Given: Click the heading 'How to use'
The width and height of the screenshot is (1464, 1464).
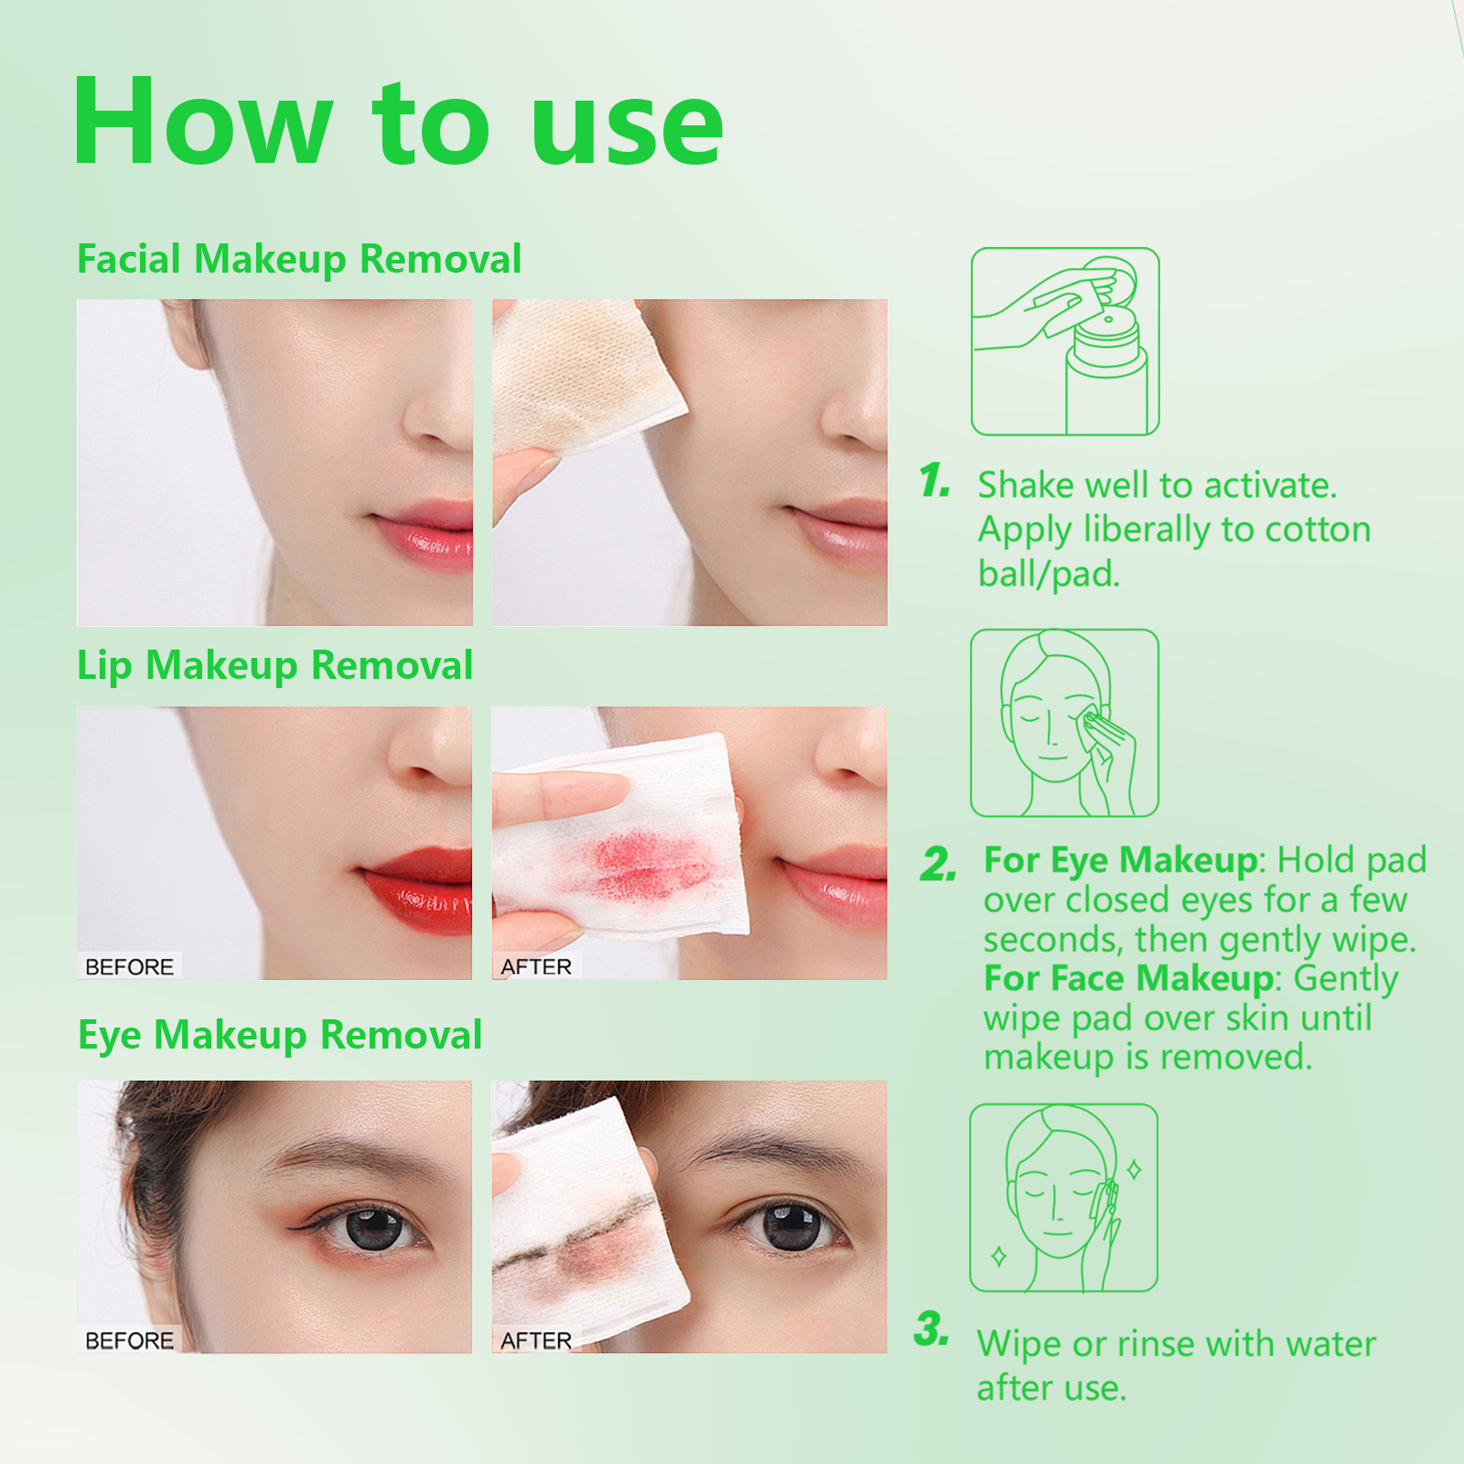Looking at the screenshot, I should pyautogui.click(x=398, y=124).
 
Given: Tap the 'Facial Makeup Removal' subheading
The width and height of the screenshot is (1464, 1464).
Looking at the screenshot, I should pyautogui.click(x=298, y=259).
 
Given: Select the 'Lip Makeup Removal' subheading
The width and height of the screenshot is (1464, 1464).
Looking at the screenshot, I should pyautogui.click(x=274, y=665).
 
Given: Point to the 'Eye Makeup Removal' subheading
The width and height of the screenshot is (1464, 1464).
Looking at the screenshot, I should pyautogui.click(x=279, y=1035).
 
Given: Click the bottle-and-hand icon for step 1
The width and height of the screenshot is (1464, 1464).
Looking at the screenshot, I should pyautogui.click(x=1064, y=341).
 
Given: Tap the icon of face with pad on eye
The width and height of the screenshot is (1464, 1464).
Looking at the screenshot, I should pyautogui.click(x=1064, y=723).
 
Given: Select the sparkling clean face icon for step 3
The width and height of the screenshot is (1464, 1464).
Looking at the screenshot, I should pyautogui.click(x=1063, y=1198).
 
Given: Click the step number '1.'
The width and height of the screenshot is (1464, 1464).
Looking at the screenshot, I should pyautogui.click(x=935, y=481).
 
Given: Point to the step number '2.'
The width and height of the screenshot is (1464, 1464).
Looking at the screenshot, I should pyautogui.click(x=938, y=865).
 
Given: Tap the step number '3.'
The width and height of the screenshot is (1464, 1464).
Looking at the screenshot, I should pyautogui.click(x=931, y=1329).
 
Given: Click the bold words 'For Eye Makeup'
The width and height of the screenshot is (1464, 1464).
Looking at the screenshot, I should pyautogui.click(x=1121, y=861).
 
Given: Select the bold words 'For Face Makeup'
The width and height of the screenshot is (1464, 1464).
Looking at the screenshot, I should pyautogui.click(x=1128, y=979).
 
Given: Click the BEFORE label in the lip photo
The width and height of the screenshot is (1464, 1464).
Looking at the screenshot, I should pyautogui.click(x=129, y=967).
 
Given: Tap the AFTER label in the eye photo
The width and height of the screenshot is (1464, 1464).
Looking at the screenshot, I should pyautogui.click(x=535, y=1340).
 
